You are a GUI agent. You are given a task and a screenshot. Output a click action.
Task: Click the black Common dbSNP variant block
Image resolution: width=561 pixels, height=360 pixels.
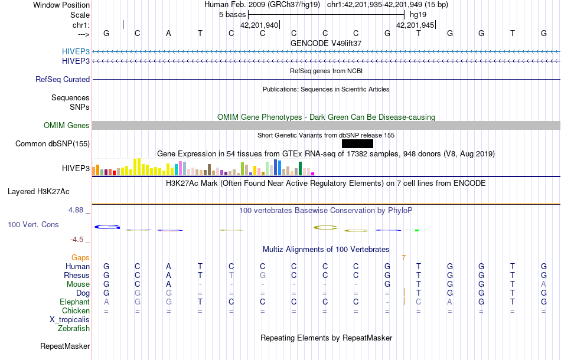click(x=357, y=143)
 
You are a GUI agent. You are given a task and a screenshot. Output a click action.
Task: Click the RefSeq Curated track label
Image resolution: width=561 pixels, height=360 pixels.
click(x=63, y=79)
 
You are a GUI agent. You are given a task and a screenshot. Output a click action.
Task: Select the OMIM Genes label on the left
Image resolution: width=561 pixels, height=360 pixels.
click(x=67, y=125)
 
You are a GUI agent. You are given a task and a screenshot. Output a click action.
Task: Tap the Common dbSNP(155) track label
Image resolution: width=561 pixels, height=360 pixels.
click(x=53, y=143)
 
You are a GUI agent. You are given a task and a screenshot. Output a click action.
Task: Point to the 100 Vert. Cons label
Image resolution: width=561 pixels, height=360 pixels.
click(x=33, y=225)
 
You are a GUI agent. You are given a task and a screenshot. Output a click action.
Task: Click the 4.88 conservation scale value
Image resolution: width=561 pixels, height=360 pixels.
click(x=78, y=210)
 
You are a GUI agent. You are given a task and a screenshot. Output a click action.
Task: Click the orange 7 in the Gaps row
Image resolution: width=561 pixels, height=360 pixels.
click(x=403, y=257)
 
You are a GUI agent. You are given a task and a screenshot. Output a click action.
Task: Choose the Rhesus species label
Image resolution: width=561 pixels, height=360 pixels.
click(x=77, y=275)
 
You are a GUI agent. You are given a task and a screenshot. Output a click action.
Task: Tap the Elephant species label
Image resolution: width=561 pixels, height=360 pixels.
click(x=75, y=302)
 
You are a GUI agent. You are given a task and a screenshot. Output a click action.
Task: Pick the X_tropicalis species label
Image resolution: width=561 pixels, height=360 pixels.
click(x=70, y=319)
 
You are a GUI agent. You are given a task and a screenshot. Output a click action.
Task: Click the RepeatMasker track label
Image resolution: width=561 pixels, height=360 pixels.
click(x=65, y=346)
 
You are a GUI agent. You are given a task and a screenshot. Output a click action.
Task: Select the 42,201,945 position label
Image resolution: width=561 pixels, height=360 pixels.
click(x=415, y=25)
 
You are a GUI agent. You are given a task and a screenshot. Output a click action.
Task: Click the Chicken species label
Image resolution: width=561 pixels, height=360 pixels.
click(x=76, y=310)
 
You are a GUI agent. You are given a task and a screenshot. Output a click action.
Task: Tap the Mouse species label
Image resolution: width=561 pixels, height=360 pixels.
click(x=78, y=284)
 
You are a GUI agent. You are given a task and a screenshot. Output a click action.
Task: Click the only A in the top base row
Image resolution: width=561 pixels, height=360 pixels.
click(x=168, y=33)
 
